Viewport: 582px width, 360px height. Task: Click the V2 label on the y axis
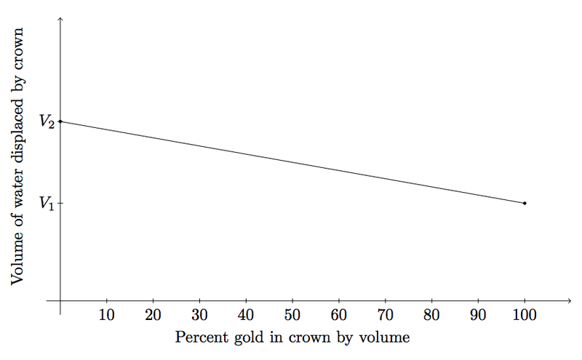[x=47, y=122]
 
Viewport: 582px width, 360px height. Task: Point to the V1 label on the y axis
[x=47, y=204]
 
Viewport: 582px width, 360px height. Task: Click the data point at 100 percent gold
[x=525, y=203]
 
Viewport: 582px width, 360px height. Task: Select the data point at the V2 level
[x=60, y=121]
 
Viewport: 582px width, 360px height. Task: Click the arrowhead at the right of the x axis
[x=568, y=300]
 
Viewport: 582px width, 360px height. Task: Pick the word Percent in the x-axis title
[x=201, y=337]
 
